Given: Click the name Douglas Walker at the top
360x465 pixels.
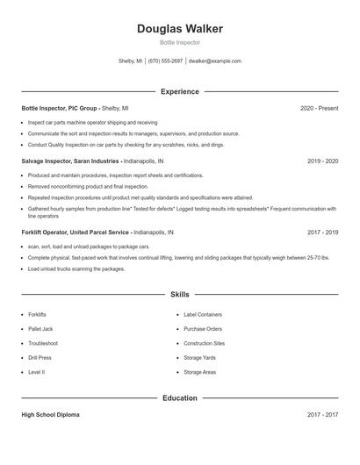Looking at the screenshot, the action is coord(180,29).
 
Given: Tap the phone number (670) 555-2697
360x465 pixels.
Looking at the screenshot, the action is coord(165,61).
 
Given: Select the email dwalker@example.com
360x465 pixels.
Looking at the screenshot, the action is coord(215,61).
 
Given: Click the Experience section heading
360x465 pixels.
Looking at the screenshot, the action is coord(180,91).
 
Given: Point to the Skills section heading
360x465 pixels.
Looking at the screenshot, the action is coord(180,295).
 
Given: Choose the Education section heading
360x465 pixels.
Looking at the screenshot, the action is coord(180,397).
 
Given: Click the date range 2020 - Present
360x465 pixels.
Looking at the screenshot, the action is coord(319,108).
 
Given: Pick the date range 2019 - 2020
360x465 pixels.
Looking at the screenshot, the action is coord(322,161).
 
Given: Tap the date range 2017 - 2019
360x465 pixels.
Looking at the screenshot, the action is coord(322,232).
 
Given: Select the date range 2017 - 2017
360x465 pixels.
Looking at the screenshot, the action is coord(322,414).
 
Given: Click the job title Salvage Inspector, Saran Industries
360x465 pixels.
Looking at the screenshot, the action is coord(69,161).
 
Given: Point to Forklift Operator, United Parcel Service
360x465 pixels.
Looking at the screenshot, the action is coord(76,232).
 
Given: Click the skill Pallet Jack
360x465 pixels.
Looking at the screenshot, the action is coord(42,328).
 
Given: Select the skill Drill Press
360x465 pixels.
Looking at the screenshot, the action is coord(40,358).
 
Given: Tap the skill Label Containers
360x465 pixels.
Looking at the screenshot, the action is coord(202,313).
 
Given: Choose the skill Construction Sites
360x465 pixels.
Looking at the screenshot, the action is coord(204,343).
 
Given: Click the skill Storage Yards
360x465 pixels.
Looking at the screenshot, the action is coord(199,358).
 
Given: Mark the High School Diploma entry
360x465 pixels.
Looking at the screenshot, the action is coord(50,414).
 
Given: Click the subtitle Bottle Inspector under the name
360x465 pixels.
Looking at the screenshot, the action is coord(180,42).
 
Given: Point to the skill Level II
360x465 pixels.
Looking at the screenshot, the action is coord(36,372).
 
